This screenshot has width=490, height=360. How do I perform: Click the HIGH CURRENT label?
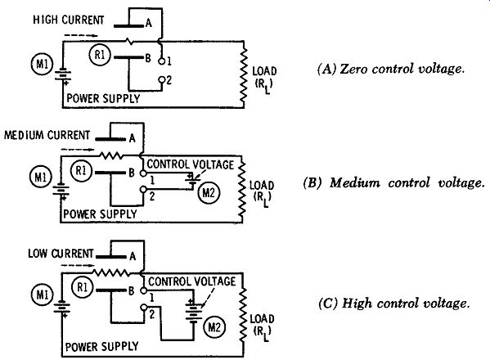coord(69,20)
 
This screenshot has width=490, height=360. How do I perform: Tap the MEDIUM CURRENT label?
coord(47,135)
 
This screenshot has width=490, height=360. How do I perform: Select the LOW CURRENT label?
coord(61,253)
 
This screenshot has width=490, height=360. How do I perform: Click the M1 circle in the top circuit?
coord(43,65)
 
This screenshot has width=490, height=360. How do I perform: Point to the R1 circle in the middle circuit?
coord(81,171)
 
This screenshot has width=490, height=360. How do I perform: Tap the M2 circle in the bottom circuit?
coord(214,327)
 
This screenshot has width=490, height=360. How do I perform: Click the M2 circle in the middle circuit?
coord(209,193)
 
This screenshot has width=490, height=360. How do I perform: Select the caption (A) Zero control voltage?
coord(391,69)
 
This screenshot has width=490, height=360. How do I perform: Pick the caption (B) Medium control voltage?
coord(394,182)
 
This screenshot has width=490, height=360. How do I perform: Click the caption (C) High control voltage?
coord(394,303)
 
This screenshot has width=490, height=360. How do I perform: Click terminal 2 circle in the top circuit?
coord(162,79)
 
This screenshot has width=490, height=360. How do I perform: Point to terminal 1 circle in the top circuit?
coord(162,61)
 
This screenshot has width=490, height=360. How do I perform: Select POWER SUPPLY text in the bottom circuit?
coord(102,346)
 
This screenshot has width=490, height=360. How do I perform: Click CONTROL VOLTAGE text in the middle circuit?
coord(191,164)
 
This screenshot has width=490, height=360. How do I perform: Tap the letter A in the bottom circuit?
coord(133,257)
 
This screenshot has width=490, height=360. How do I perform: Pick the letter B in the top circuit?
coord(148,58)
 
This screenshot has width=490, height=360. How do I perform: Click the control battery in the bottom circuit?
coord(193,311)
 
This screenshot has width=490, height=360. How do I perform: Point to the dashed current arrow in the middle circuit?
coord(78,150)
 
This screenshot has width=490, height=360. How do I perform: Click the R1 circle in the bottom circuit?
coord(83,287)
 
